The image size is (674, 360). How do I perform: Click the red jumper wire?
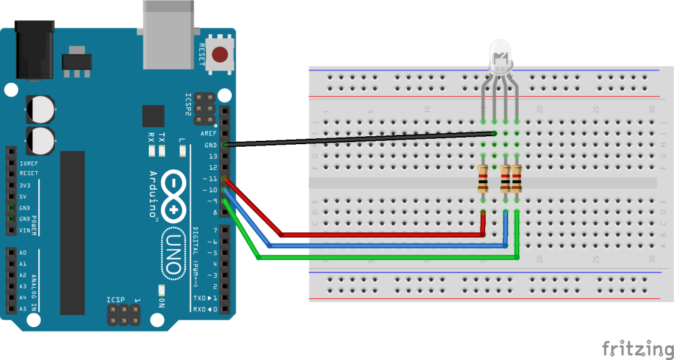[x=382, y=234]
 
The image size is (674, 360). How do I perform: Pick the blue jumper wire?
[x=388, y=245]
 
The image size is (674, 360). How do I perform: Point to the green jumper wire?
[x=388, y=257]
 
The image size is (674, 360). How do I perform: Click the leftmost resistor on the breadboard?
[x=484, y=178]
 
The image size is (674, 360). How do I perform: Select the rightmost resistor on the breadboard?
[x=516, y=178]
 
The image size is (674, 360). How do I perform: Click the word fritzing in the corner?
[x=635, y=347]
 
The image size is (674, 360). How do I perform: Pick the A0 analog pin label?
[x=23, y=253]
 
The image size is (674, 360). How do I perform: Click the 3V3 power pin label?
[x=24, y=185]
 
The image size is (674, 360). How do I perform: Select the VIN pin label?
[x=24, y=230]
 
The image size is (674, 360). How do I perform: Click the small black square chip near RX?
[x=153, y=116]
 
